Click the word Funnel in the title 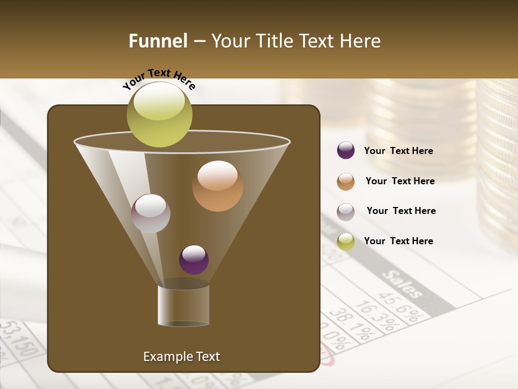point(158,41)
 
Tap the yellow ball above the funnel point(160,115)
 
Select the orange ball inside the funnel point(217,186)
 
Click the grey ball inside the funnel point(151,213)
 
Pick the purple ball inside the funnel point(194,260)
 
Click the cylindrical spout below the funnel point(183,305)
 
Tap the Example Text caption point(181,357)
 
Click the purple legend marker point(346,151)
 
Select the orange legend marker point(346,182)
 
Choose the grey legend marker point(346,211)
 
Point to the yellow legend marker point(346,242)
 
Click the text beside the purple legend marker point(398,151)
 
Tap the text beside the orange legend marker point(400,182)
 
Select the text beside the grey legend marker point(401,211)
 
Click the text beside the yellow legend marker point(398,241)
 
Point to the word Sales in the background point(403,283)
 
